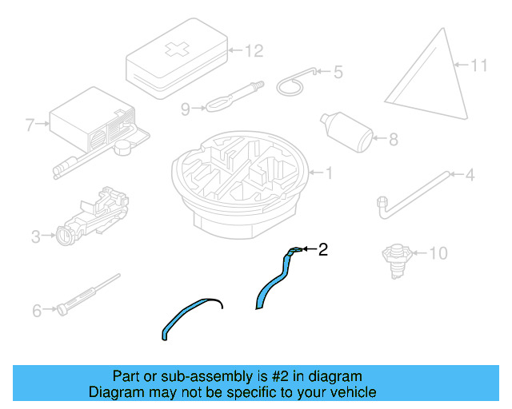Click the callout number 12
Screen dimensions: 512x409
click(x=254, y=51)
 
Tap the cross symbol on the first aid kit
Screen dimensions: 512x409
click(x=177, y=49)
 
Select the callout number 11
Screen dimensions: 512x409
click(x=479, y=66)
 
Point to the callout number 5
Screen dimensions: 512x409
click(x=338, y=72)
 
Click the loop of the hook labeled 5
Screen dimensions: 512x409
click(x=290, y=87)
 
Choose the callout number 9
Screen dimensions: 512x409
click(x=186, y=109)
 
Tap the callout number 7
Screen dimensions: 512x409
click(x=30, y=125)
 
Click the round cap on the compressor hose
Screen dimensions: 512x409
click(x=122, y=148)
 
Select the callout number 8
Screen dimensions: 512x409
click(x=394, y=139)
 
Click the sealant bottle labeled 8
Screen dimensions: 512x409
click(x=346, y=132)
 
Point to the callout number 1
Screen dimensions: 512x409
click(x=329, y=173)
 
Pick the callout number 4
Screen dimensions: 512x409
click(x=470, y=175)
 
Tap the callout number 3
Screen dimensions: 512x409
click(x=36, y=236)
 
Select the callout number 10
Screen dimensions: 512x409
click(x=438, y=253)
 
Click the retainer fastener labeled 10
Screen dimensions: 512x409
click(x=397, y=261)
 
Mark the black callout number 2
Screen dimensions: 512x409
click(x=322, y=249)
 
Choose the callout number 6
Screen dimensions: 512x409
click(x=37, y=311)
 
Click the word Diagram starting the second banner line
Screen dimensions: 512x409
click(x=116, y=391)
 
